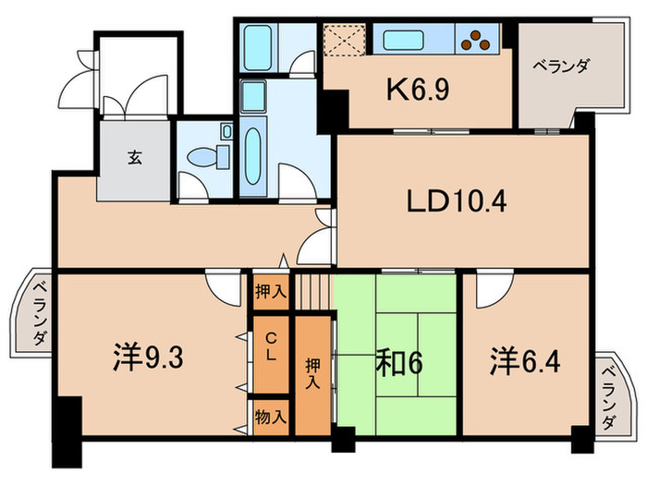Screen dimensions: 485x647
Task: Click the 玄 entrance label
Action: [135, 157]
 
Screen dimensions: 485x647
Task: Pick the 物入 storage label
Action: [271, 417]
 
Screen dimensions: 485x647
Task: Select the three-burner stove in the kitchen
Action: [478, 39]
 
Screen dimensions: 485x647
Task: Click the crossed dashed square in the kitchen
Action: [345, 41]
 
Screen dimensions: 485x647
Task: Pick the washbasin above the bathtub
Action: [254, 93]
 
